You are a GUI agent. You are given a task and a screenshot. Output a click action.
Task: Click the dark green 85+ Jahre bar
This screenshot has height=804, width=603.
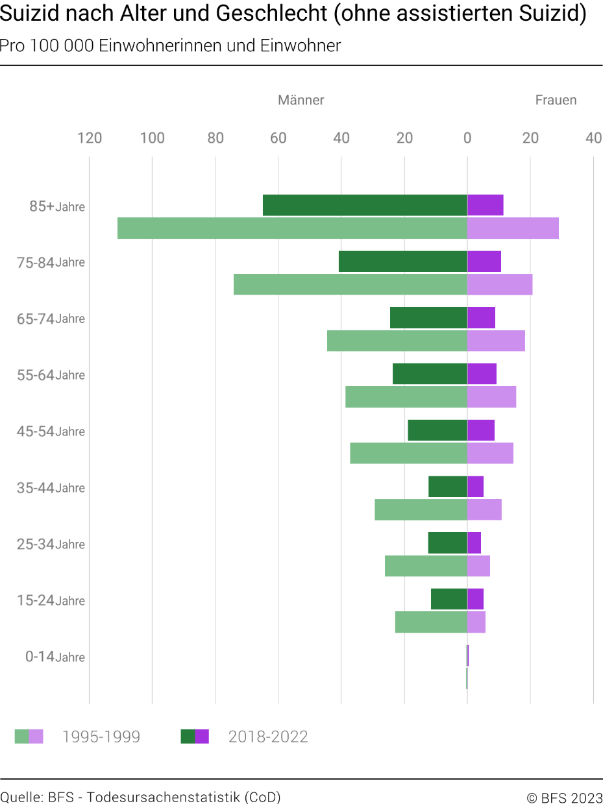(365, 205)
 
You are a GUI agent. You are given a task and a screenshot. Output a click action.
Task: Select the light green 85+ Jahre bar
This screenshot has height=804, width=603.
(292, 228)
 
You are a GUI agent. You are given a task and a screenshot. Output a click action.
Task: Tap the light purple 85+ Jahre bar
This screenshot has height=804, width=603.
(513, 228)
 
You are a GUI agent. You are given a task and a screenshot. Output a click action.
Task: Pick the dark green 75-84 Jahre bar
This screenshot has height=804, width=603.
(403, 262)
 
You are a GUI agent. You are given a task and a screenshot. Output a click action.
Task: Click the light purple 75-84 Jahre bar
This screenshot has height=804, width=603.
(500, 284)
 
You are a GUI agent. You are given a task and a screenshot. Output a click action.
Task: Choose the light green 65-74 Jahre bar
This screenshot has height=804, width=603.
(397, 341)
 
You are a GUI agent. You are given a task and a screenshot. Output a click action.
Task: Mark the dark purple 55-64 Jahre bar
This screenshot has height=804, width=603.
(482, 374)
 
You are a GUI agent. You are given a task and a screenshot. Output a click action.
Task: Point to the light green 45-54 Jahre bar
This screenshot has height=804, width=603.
(408, 453)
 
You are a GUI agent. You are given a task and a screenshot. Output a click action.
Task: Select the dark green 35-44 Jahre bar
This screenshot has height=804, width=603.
(448, 487)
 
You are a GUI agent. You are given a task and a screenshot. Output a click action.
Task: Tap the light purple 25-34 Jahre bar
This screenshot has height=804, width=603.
(478, 566)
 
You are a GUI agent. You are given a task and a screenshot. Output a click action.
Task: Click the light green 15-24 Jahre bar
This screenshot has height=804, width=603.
(431, 622)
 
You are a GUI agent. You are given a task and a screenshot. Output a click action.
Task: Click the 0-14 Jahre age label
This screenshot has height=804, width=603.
(55, 657)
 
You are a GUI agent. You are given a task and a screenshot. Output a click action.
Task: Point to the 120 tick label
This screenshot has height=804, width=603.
(90, 138)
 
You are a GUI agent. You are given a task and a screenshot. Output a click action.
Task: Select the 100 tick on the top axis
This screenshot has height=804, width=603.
(153, 138)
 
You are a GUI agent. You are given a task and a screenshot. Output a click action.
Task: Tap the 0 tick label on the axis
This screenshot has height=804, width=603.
(467, 138)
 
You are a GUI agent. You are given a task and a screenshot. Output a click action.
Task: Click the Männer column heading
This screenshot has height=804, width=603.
(301, 100)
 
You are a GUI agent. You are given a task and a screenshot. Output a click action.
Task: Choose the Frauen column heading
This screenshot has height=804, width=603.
(556, 100)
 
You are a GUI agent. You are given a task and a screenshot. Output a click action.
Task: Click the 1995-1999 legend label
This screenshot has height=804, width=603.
(101, 737)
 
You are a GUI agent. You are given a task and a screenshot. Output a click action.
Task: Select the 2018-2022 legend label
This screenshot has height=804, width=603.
(268, 737)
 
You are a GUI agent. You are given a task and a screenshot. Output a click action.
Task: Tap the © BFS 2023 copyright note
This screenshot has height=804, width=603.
(565, 798)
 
